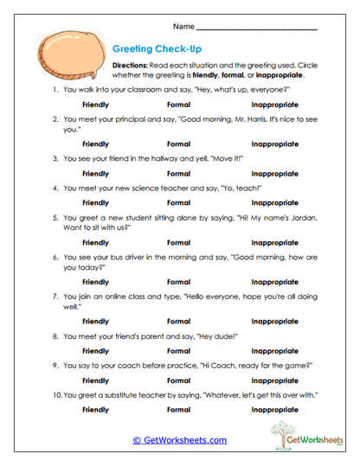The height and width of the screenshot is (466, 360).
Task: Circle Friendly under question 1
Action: (x=95, y=104)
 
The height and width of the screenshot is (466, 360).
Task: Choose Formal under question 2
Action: (x=178, y=143)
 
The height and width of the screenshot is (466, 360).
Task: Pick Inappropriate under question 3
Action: (x=274, y=174)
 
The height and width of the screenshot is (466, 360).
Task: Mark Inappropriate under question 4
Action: (x=274, y=201)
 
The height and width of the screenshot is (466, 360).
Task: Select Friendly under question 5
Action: (x=95, y=243)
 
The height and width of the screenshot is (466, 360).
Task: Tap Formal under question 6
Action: (x=178, y=282)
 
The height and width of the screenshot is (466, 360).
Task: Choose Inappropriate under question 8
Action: (x=274, y=351)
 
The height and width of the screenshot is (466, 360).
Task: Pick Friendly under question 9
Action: (x=95, y=379)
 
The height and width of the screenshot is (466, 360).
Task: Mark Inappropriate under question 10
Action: (x=274, y=408)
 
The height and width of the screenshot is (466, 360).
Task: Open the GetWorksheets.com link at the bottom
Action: (x=180, y=440)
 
